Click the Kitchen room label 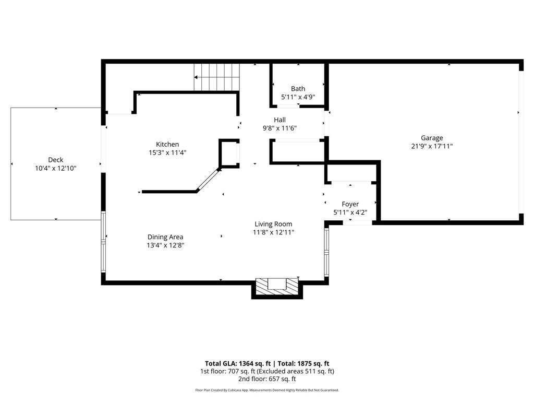coord(167,144)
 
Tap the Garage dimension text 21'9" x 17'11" coord(432,147)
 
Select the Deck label coord(55,160)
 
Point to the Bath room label coord(298,89)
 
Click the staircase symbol coord(217,77)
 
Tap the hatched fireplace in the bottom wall coord(277,287)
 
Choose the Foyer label coord(350,204)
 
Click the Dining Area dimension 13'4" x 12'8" coord(165,245)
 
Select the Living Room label coord(273,224)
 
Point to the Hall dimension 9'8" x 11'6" coord(280,128)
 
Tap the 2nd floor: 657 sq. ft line coord(266,379)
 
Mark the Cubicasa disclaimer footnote coord(266,390)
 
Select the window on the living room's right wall coord(326,252)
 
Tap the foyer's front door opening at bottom coord(357,223)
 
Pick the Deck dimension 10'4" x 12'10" coord(55,168)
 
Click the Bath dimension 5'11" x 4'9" coord(298,97)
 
